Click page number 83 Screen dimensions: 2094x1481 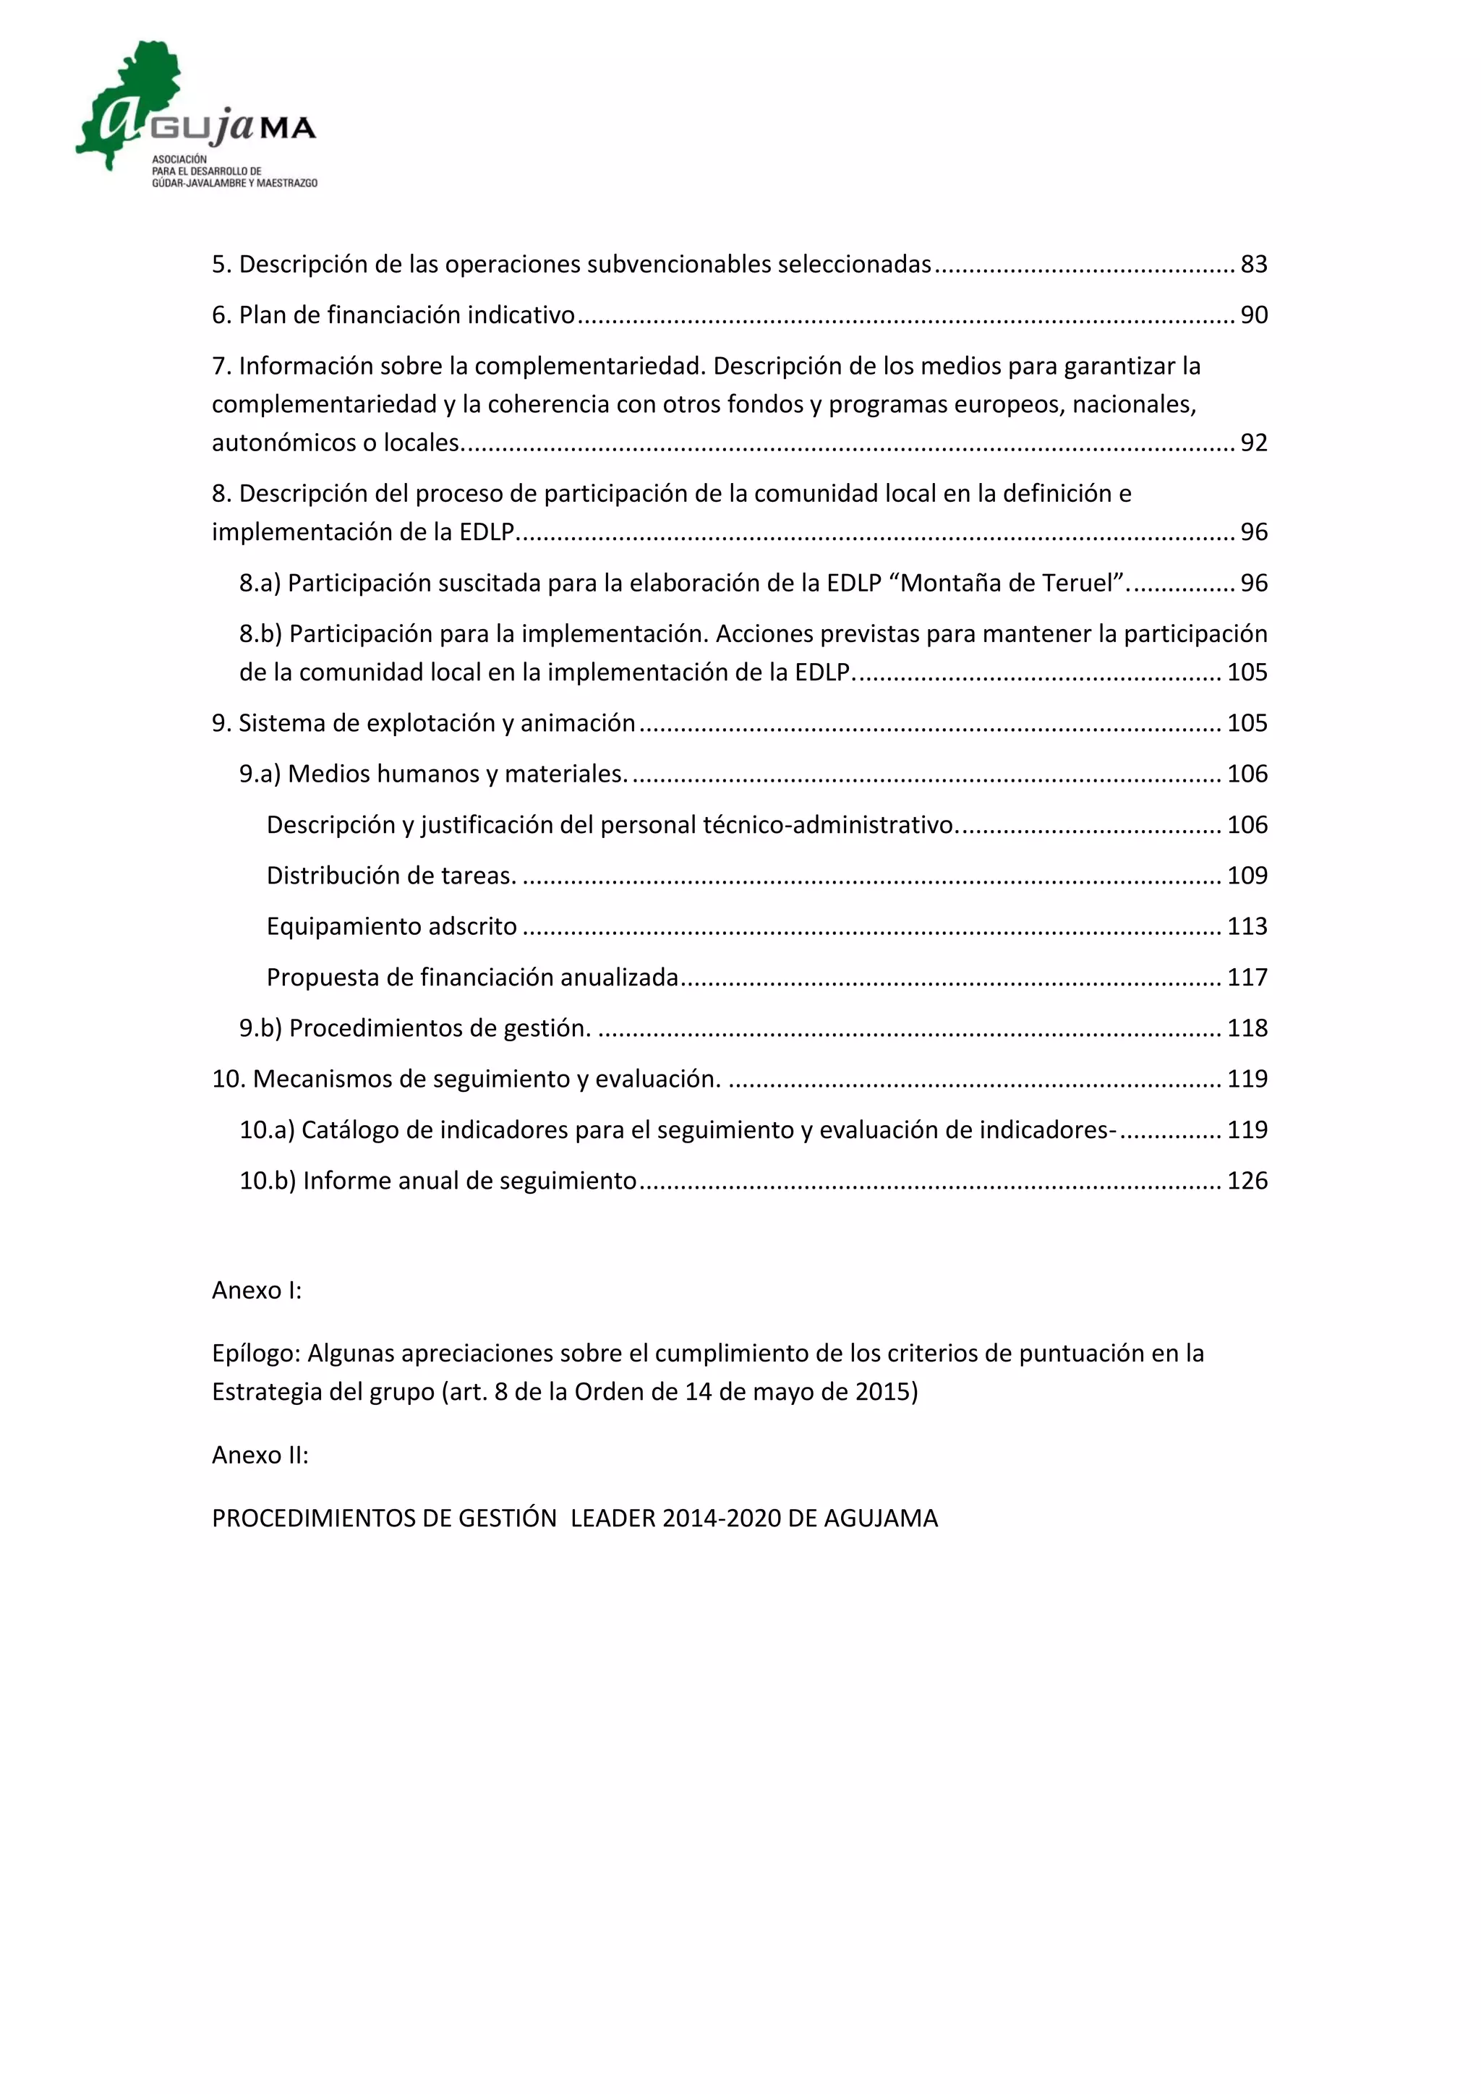point(1254,265)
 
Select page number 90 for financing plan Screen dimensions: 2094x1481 point(1254,315)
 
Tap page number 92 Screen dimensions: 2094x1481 point(1254,443)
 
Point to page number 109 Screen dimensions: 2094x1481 point(1247,876)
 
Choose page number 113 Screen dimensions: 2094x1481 point(1247,927)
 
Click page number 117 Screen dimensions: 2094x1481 point(1247,978)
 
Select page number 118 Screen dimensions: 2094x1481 point(1247,1029)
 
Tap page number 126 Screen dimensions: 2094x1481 point(1247,1181)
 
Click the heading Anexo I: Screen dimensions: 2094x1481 point(256,1291)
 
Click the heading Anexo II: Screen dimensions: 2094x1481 point(260,1455)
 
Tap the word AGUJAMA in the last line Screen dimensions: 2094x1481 point(880,1518)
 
